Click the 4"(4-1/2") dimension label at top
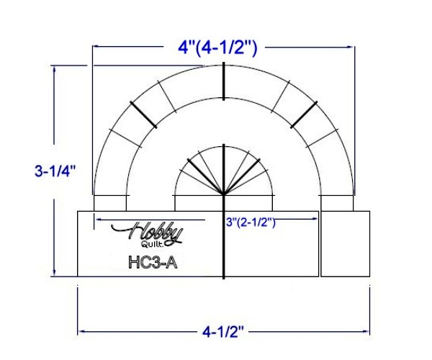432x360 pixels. [217, 49]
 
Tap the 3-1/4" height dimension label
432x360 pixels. [55, 171]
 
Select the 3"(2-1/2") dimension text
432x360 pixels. [251, 222]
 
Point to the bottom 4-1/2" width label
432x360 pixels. [223, 332]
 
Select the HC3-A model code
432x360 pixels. [153, 263]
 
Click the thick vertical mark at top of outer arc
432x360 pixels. [223, 81]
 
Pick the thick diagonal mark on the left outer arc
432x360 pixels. [143, 115]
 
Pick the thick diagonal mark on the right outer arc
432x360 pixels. [304, 115]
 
